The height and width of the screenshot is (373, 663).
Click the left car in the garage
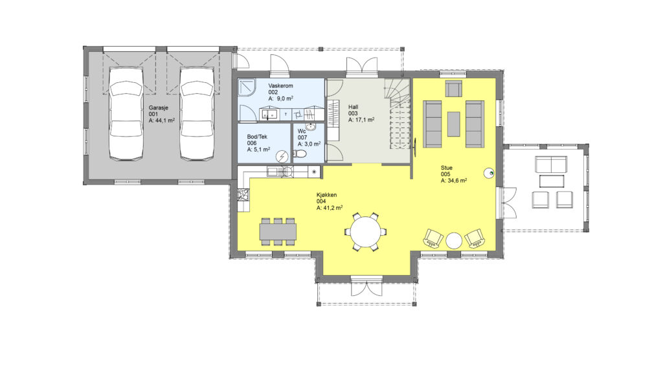pyautogui.click(x=126, y=113)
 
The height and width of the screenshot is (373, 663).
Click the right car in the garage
pyautogui.click(x=197, y=113)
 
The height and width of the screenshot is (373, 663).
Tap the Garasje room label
pyautogui.click(x=158, y=108)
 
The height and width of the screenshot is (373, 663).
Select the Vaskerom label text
pyautogui.click(x=280, y=86)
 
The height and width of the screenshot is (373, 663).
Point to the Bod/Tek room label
pyautogui.click(x=257, y=137)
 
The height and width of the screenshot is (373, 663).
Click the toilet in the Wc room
pyautogui.click(x=300, y=154)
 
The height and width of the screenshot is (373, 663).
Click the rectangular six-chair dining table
pyautogui.click(x=278, y=232)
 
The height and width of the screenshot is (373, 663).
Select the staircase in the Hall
pyautogui.click(x=398, y=114)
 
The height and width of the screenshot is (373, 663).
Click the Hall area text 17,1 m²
pyautogui.click(x=361, y=120)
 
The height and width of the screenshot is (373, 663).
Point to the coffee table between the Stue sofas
pyautogui.click(x=454, y=124)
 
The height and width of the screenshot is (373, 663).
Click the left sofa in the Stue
pyautogui.click(x=432, y=124)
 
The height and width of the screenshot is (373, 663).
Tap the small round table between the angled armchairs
pyautogui.click(x=454, y=241)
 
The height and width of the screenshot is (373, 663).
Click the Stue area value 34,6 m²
pyautogui.click(x=454, y=181)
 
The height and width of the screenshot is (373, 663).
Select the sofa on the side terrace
pyautogui.click(x=551, y=164)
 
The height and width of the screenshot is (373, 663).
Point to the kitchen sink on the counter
pyautogui.click(x=273, y=172)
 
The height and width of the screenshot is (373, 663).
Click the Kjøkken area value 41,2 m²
pyautogui.click(x=330, y=208)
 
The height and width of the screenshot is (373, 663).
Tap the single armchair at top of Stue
pyautogui.click(x=453, y=89)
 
